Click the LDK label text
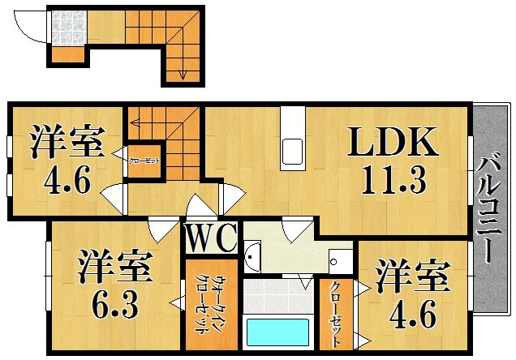point(393,143)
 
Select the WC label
point(211,239)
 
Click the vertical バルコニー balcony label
point(488,208)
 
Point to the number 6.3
point(114,305)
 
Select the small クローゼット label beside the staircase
point(144,161)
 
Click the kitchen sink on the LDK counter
point(292,151)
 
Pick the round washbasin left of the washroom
point(252,259)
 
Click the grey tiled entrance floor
point(68,28)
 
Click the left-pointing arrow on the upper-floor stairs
point(135,123)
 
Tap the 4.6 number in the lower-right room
point(411,311)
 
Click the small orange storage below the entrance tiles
point(67,54)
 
